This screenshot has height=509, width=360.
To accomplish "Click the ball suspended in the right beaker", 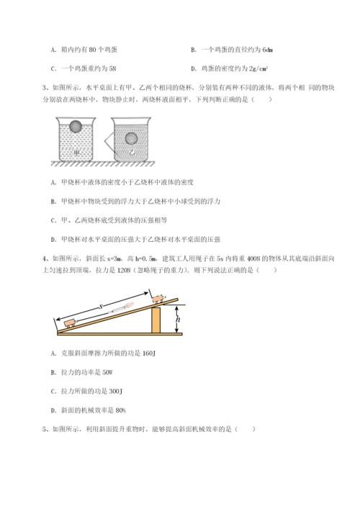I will click(x=131, y=139).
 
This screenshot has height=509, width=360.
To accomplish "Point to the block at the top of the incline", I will click(x=158, y=297).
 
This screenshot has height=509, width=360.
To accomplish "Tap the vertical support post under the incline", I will click(x=156, y=319).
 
